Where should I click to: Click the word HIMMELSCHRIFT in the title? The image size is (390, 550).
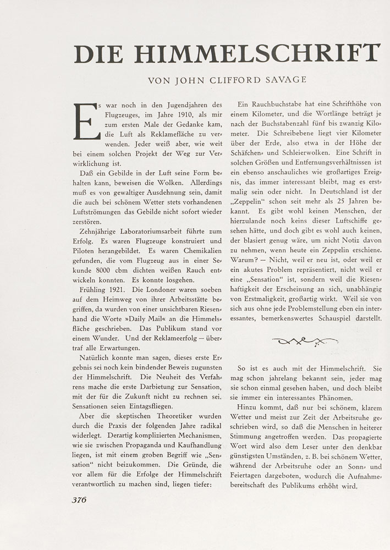(x=257, y=53)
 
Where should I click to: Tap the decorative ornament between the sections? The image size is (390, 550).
(x=305, y=342)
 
